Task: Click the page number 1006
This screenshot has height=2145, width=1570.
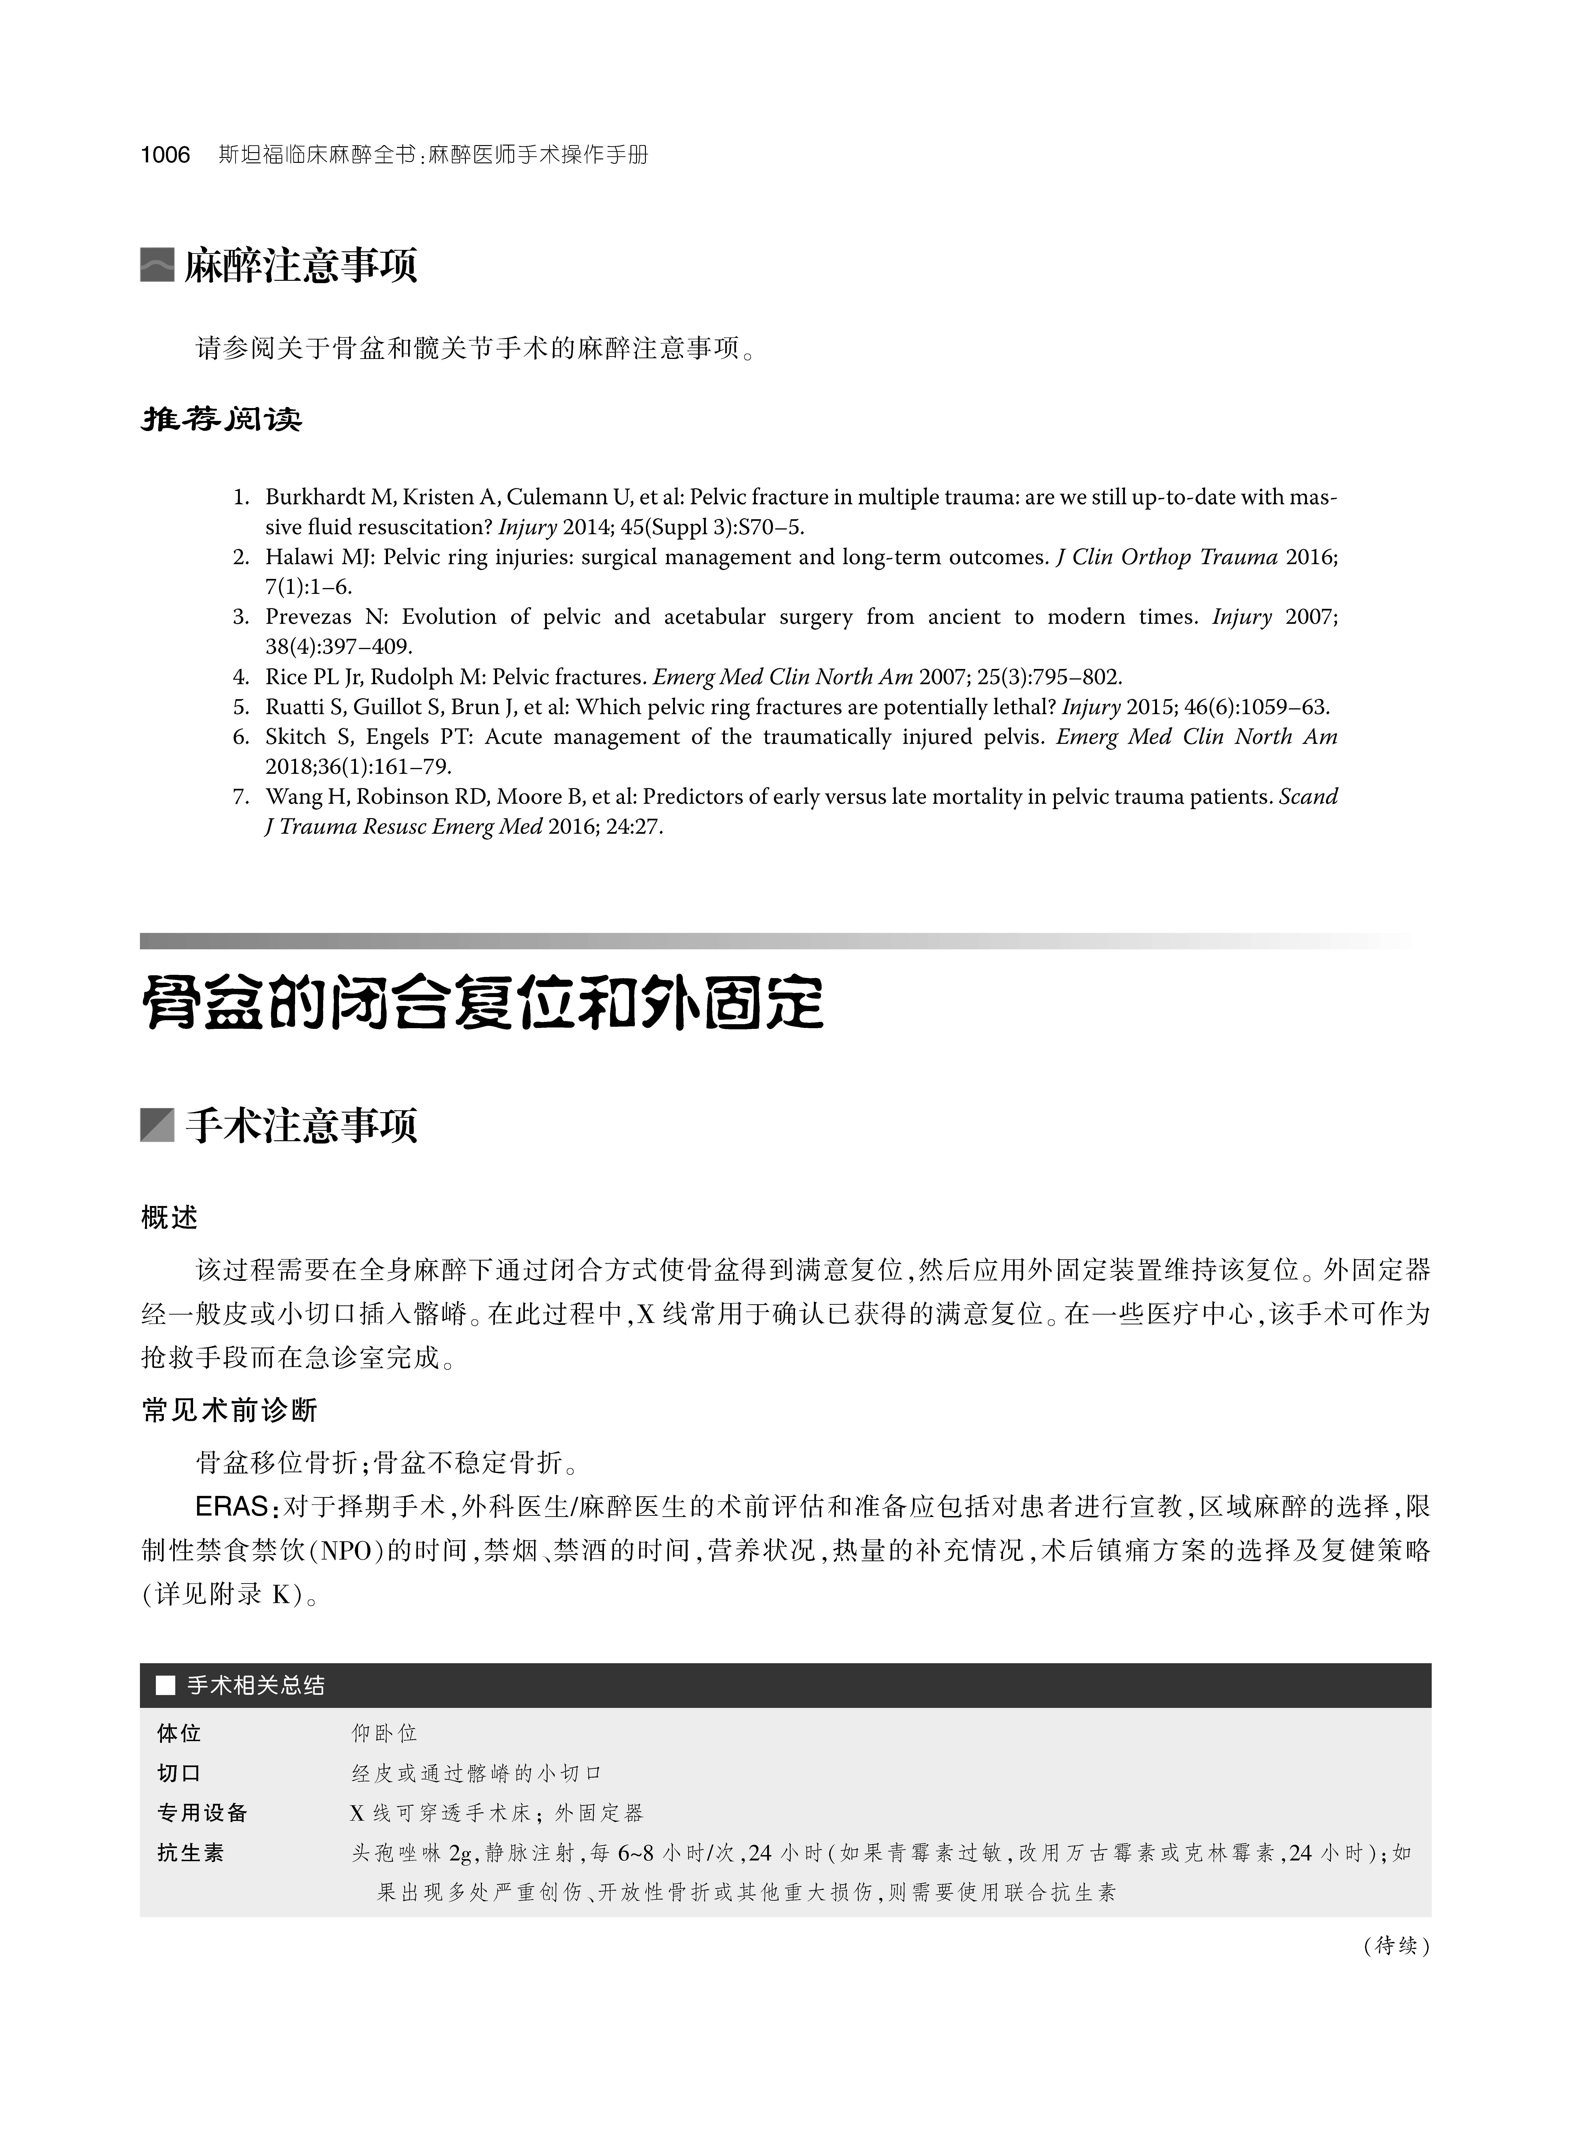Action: click(165, 155)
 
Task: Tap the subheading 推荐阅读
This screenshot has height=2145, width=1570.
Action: click(221, 419)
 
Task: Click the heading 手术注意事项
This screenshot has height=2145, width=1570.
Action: click(300, 1126)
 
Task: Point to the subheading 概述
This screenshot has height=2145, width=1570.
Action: click(169, 1217)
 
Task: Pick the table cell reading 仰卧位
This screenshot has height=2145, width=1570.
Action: click(384, 1733)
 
